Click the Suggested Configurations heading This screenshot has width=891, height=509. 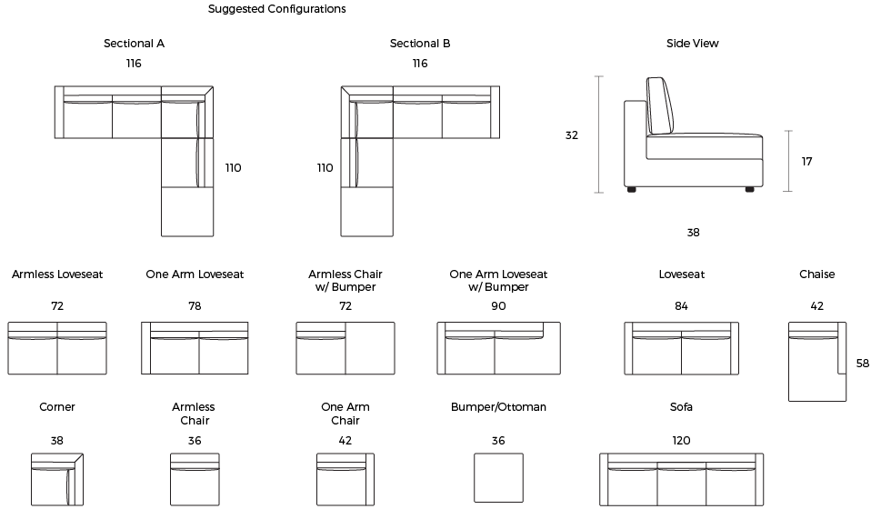276,9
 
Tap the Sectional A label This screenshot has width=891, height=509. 135,44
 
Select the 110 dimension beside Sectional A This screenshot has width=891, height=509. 233,167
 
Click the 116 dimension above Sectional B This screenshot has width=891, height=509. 420,63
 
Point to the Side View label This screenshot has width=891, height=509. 692,44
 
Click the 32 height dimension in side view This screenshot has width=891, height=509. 572,135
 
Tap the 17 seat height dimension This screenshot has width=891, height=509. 807,162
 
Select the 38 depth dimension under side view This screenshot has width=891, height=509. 693,233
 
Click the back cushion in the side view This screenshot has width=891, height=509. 660,106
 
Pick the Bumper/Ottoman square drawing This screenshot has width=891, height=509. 498,478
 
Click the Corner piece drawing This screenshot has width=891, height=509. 56,480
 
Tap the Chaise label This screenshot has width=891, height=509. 817,274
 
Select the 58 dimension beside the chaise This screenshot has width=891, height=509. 863,363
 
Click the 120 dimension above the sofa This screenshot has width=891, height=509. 681,440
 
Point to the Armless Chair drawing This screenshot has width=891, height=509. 195,480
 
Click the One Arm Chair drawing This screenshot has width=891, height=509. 345,480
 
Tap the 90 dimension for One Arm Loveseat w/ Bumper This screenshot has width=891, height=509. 498,305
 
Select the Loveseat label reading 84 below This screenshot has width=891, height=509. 681,274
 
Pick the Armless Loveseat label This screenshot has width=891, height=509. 57,274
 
